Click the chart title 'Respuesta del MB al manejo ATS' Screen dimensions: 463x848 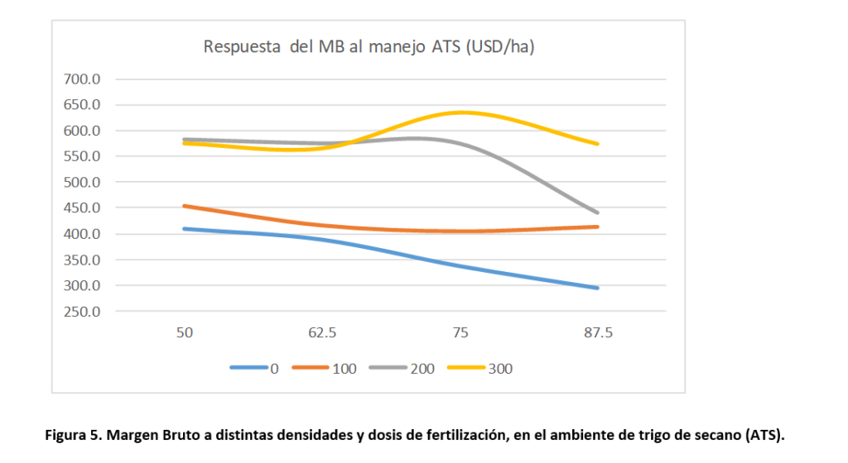click(369, 46)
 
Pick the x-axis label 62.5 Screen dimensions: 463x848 click(322, 333)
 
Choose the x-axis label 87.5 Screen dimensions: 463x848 click(598, 333)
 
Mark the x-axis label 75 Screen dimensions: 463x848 click(460, 333)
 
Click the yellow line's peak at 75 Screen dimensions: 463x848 click(460, 112)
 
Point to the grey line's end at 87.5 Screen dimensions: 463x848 click(598, 212)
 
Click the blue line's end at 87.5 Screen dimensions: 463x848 click(598, 288)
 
